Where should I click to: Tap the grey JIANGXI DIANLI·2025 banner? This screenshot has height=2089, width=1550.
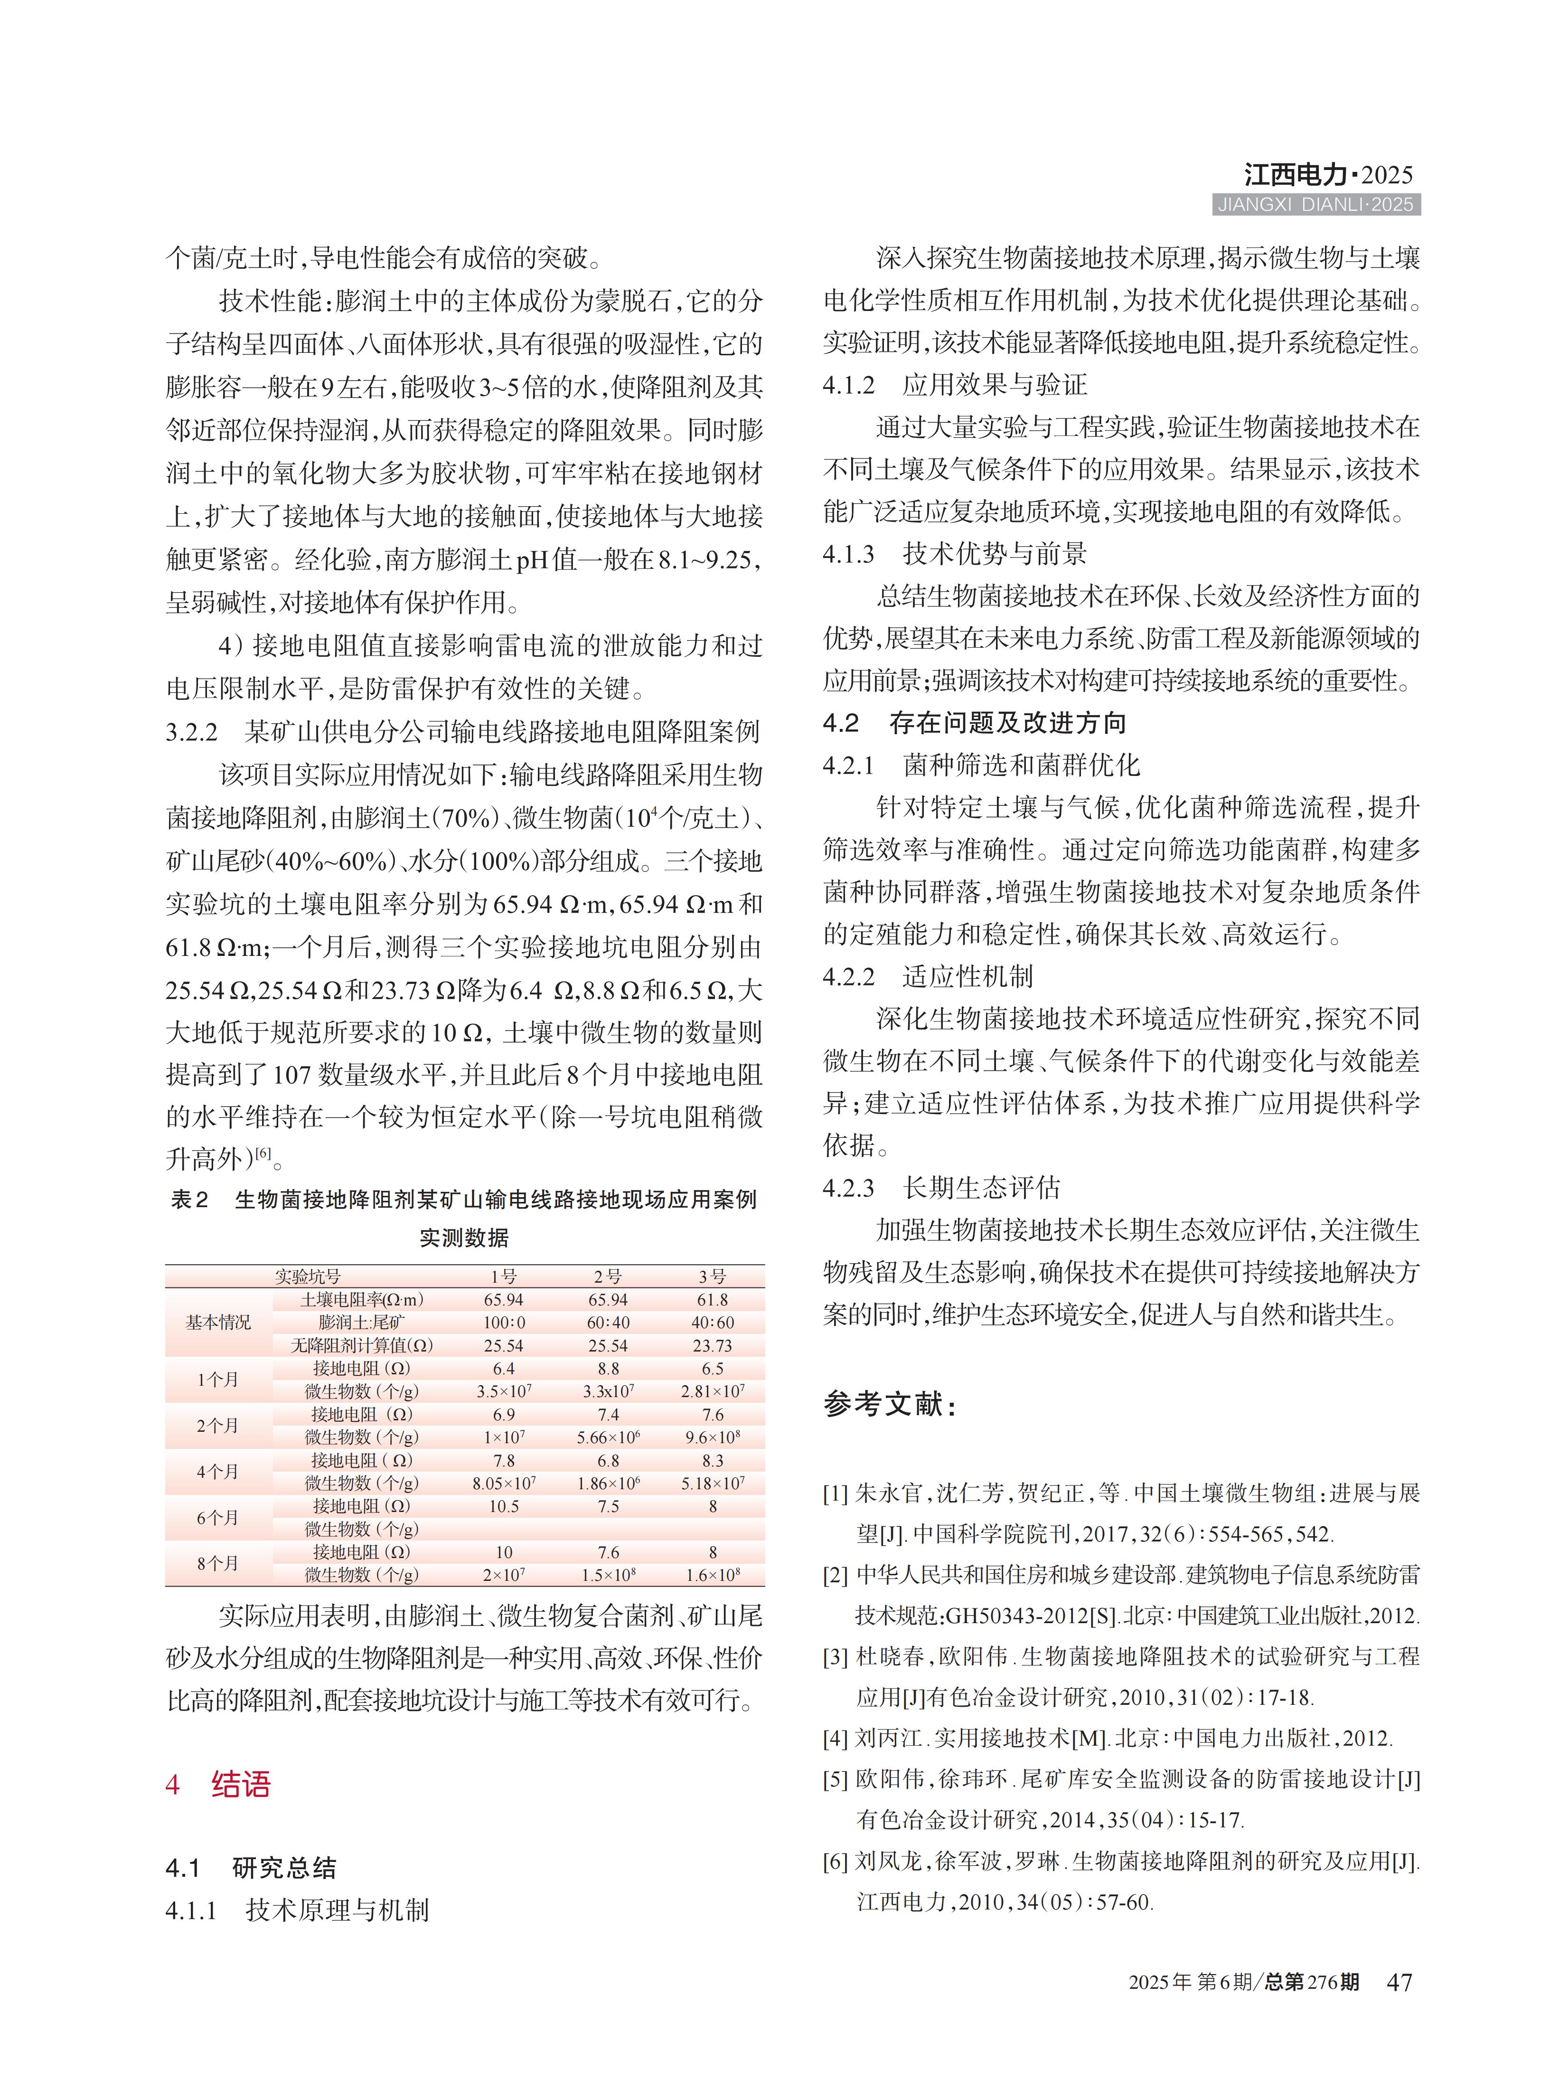[1315, 205]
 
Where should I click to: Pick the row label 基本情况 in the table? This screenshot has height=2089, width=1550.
[218, 1322]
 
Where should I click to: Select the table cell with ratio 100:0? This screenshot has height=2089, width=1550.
[504, 1322]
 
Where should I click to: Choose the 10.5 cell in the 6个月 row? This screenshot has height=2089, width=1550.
[504, 1506]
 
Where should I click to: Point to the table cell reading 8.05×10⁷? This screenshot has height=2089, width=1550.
[504, 1483]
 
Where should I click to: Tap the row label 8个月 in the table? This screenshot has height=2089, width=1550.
[218, 1563]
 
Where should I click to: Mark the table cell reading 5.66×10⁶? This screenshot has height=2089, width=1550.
[608, 1437]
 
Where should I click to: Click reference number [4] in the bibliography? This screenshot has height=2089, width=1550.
[835, 1738]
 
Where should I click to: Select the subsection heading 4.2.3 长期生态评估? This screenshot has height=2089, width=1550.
[941, 1188]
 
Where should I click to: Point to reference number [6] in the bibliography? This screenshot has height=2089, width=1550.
[835, 1861]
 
